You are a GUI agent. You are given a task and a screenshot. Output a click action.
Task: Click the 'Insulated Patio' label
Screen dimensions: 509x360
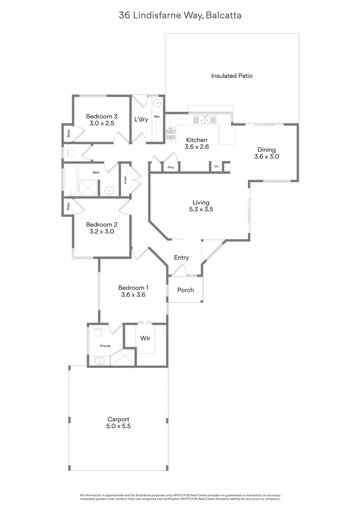(x=232, y=75)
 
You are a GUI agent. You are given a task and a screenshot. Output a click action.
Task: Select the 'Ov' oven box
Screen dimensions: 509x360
(x=217, y=166)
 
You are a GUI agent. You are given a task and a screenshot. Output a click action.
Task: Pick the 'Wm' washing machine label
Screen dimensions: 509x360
(x=157, y=116)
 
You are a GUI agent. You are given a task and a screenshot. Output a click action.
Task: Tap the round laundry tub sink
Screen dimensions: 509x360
(x=157, y=103)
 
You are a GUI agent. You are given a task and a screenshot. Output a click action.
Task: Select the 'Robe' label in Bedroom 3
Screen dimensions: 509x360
(x=68, y=133)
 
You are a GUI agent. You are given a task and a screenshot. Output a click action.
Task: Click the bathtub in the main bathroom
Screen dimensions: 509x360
(x=71, y=180)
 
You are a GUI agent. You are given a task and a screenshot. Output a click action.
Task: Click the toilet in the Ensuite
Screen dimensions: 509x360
(x=98, y=333)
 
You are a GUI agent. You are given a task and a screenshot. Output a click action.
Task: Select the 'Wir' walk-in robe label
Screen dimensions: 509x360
(x=145, y=338)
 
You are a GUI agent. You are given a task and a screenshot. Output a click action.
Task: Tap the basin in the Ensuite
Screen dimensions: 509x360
(x=99, y=361)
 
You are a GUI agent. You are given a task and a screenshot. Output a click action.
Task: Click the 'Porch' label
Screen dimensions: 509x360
(x=185, y=290)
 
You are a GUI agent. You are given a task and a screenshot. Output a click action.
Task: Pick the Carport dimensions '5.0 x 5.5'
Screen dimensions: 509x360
(x=118, y=426)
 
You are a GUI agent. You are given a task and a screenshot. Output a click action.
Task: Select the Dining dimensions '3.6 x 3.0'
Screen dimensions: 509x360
(x=267, y=156)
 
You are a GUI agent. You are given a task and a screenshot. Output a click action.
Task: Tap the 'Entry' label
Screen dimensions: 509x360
(x=181, y=257)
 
